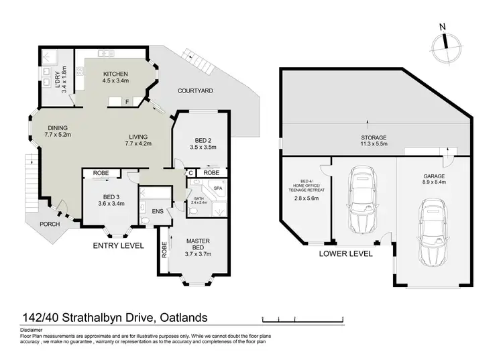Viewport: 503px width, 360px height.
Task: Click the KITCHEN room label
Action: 115,74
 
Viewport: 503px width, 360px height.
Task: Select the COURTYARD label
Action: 196,91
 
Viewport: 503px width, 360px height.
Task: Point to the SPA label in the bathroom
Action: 217,189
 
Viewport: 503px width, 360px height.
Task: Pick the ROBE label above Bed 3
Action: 101,174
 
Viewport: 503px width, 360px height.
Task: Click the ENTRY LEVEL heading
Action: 118,246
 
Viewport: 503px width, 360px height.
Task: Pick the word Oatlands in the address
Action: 182,317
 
